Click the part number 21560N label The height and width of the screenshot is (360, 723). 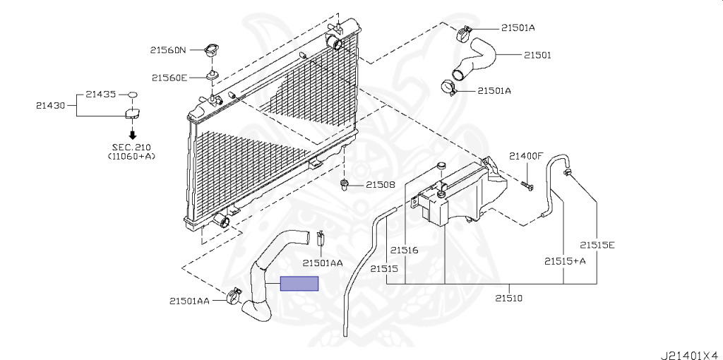[168, 50]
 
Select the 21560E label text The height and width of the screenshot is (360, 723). [169, 78]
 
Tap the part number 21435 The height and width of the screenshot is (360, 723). [100, 94]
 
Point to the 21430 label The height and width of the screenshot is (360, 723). [51, 105]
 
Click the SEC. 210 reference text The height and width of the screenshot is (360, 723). [132, 148]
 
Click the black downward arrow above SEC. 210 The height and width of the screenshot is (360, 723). [132, 135]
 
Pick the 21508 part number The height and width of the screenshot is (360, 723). [381, 185]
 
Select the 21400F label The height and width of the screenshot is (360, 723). [527, 156]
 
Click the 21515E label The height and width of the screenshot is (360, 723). [597, 245]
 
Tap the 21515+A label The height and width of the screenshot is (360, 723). [565, 261]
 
